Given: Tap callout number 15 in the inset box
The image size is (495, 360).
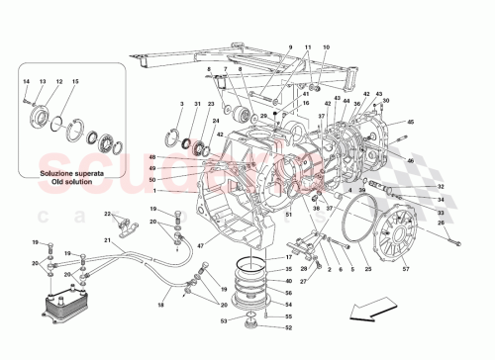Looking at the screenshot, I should tap(75, 80).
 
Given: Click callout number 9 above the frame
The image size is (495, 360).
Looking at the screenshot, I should tap(291, 47).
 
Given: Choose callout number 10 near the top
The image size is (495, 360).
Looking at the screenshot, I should tap(327, 47).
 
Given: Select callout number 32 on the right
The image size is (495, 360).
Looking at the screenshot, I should tap(441, 187).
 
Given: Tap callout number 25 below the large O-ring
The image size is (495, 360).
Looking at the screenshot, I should tap(368, 269).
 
